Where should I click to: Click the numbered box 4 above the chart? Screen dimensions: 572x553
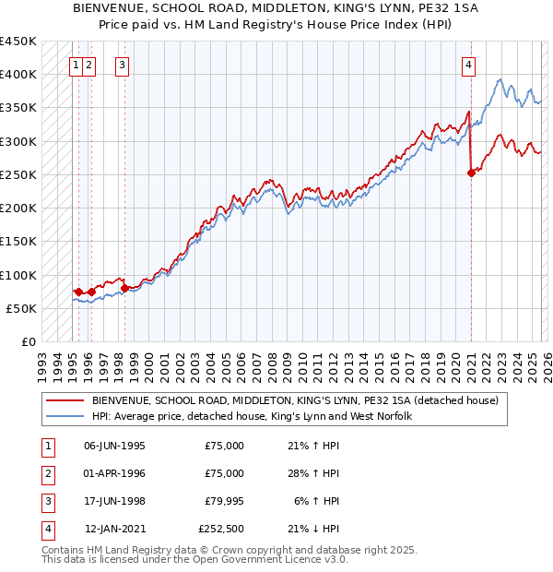click(469, 65)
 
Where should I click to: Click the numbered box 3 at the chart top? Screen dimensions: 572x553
click(123, 65)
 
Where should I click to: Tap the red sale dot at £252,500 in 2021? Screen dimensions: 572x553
click(471, 172)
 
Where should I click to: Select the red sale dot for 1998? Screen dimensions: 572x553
click(124, 288)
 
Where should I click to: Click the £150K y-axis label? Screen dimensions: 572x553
click(18, 241)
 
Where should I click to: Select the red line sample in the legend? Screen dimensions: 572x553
click(65, 400)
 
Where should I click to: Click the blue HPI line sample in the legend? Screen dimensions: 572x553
click(65, 416)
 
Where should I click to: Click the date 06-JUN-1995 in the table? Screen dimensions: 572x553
click(114, 446)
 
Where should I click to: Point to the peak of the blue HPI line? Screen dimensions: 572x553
click(499, 80)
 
